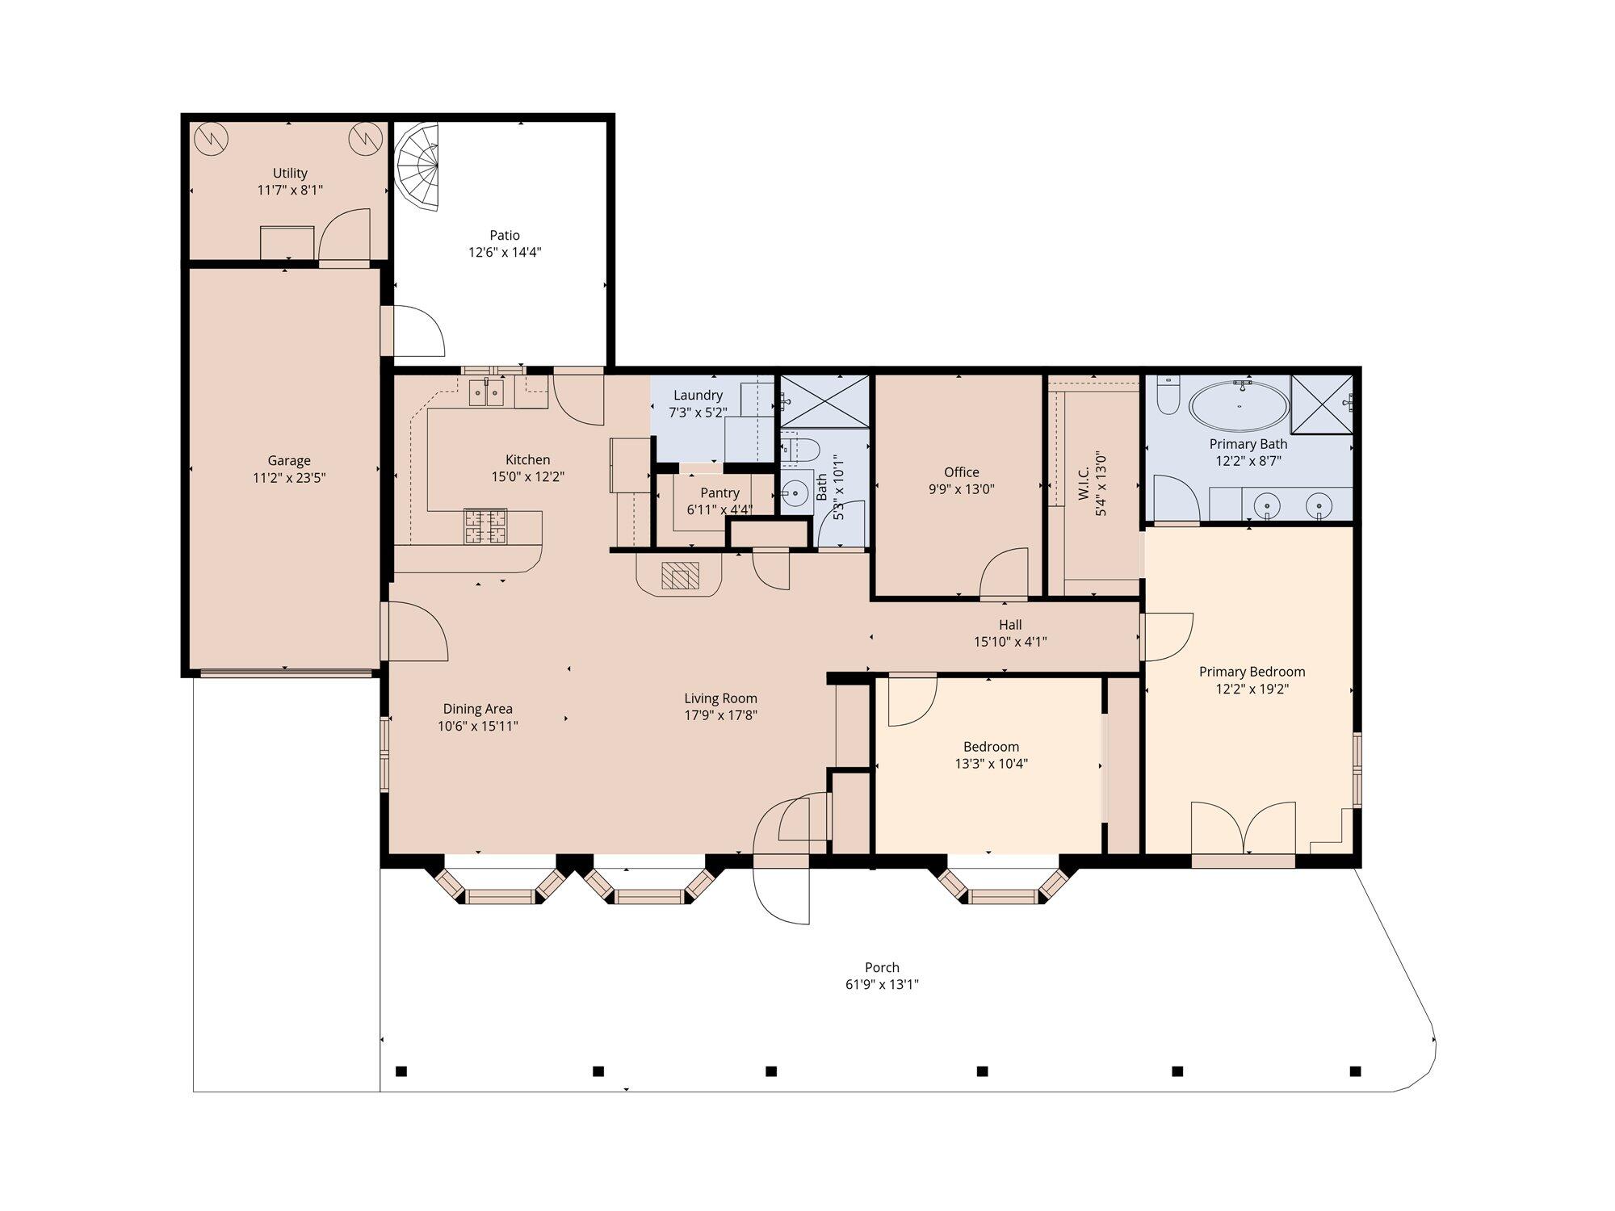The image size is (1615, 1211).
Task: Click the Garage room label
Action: [289, 461]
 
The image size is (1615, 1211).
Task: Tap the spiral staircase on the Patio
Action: [417, 166]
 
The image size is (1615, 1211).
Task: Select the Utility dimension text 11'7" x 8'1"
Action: [290, 191]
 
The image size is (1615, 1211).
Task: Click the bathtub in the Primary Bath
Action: [1240, 406]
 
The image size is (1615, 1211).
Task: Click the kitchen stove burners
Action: [485, 526]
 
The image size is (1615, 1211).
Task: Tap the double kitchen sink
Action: [486, 393]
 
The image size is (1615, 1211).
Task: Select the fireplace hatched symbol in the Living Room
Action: [678, 576]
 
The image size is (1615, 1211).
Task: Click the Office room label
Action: [962, 472]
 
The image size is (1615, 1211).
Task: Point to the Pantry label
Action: [719, 493]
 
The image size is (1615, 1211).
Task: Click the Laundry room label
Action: [698, 396]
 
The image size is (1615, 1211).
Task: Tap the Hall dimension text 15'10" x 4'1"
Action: [1010, 643]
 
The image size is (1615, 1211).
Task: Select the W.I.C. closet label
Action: [1084, 483]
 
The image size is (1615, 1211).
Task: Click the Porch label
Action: [882, 967]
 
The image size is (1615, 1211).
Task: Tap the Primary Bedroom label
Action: [1252, 672]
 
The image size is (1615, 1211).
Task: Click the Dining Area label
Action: [477, 709]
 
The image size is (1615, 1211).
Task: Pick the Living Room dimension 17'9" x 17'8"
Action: [720, 715]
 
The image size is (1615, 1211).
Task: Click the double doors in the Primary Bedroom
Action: [1244, 828]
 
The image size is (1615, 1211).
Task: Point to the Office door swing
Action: [1004, 572]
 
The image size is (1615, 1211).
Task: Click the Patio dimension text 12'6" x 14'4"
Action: [505, 253]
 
